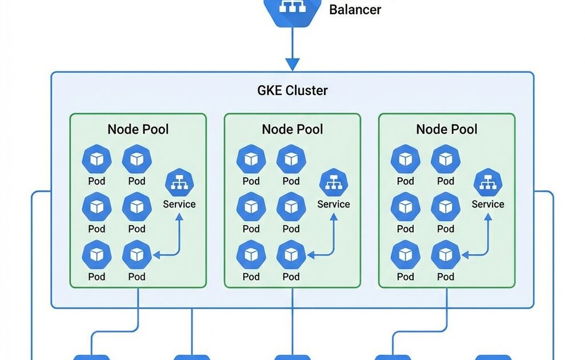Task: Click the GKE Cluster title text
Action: click(x=292, y=90)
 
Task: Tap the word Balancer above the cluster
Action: click(x=355, y=9)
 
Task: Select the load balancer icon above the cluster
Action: click(x=292, y=9)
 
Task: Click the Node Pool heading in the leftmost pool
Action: click(x=138, y=129)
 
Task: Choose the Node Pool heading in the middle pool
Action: click(x=292, y=129)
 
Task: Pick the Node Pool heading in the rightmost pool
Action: click(x=447, y=129)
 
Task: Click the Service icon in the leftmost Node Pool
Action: click(x=179, y=183)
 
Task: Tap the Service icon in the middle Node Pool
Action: click(x=334, y=183)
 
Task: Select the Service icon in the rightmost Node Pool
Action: click(x=488, y=183)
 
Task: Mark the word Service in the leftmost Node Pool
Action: click(x=179, y=204)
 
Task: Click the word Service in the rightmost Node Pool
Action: click(x=488, y=204)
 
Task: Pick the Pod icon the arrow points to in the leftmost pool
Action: click(x=137, y=255)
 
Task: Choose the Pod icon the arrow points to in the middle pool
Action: click(x=291, y=255)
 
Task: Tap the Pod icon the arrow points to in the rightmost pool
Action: click(x=446, y=255)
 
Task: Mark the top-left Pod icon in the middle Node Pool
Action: click(x=251, y=159)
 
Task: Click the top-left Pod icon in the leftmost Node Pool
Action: click(x=97, y=159)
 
